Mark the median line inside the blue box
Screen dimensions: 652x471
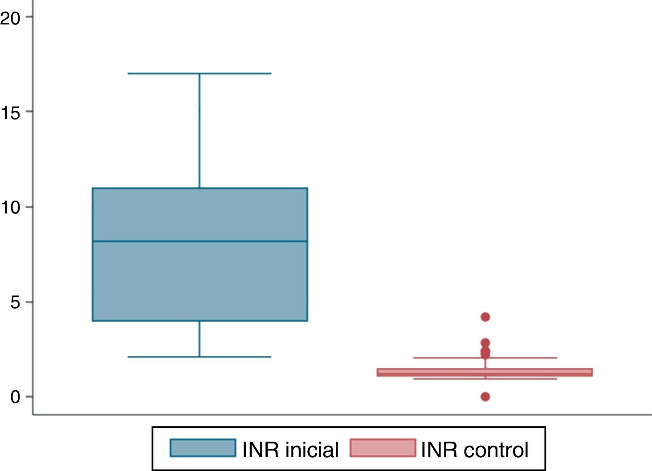(x=200, y=241)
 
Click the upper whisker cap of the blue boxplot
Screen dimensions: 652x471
(x=200, y=73)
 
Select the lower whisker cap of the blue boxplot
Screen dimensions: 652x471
(x=200, y=357)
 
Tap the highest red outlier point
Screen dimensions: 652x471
(x=485, y=317)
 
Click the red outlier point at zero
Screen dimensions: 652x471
(x=485, y=396)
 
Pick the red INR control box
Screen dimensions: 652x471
(x=485, y=372)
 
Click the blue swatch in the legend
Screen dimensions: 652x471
(x=203, y=448)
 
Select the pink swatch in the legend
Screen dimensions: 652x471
(x=383, y=448)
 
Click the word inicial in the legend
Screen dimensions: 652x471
(x=312, y=450)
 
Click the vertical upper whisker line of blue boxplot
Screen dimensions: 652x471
(x=200, y=131)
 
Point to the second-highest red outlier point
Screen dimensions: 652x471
(x=485, y=343)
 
